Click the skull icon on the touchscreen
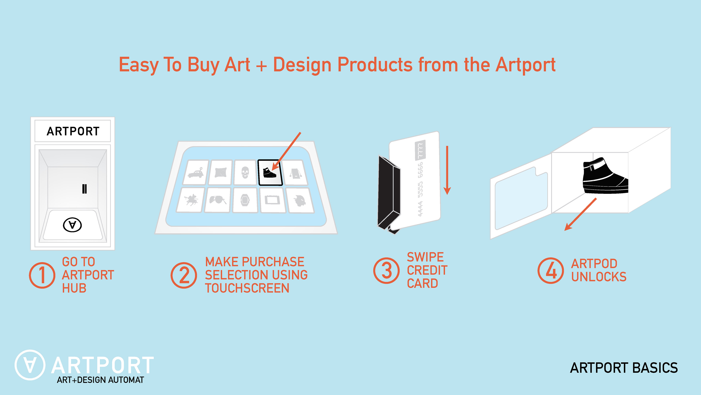point(245,172)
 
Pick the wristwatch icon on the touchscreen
point(245,200)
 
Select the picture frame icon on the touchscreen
point(272,200)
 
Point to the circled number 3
point(386,271)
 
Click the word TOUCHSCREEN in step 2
point(247,288)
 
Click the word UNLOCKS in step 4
point(599,277)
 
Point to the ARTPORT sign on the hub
point(73,131)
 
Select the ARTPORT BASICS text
point(624,368)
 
